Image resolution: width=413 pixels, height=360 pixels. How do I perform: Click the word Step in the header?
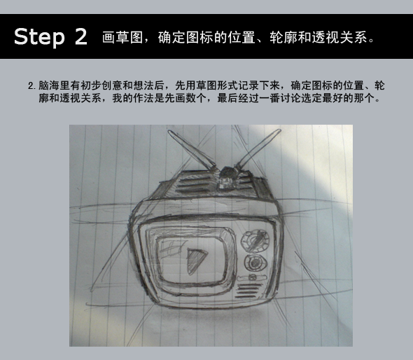(x=39, y=37)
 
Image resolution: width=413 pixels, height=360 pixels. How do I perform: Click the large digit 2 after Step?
(x=81, y=36)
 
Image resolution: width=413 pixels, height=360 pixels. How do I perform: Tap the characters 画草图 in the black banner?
(x=122, y=37)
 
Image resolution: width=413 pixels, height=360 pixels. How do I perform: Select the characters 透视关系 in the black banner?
(x=340, y=37)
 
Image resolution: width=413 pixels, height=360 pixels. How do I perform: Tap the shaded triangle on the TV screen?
(x=196, y=261)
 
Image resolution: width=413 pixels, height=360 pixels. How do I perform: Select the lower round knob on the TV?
(x=255, y=263)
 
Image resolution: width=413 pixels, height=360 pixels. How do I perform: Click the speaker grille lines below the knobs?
(x=248, y=291)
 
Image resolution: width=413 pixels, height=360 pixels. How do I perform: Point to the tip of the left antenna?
(x=169, y=131)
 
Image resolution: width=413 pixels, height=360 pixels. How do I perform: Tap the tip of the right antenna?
(x=279, y=130)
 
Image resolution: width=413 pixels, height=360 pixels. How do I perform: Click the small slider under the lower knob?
(x=252, y=277)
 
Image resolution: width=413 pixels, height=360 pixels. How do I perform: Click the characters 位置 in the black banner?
(x=241, y=37)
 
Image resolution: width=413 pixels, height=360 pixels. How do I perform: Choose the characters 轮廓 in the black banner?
(x=283, y=37)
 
